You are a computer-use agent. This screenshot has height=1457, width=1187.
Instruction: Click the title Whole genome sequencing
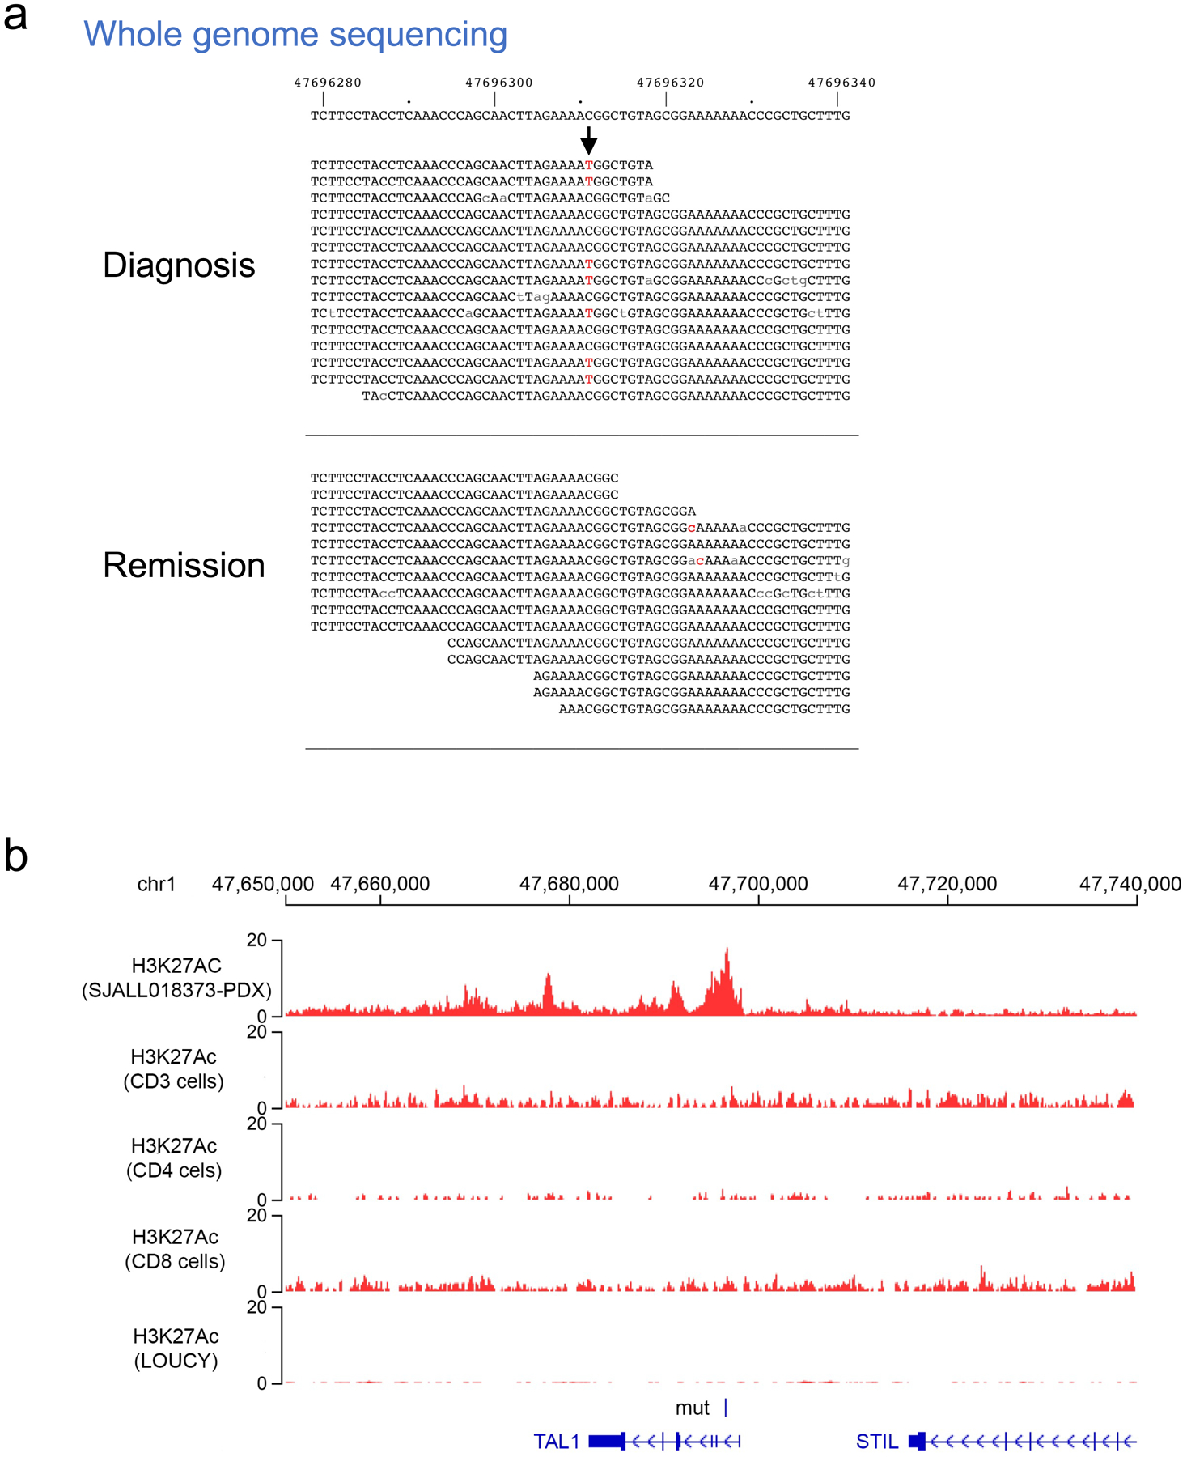pyautogui.click(x=295, y=35)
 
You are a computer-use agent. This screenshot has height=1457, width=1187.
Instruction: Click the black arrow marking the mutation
pyautogui.click(x=589, y=141)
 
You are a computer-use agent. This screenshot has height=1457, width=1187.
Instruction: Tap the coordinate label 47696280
pyautogui.click(x=327, y=83)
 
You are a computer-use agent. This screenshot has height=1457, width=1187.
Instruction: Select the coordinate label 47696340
pyautogui.click(x=841, y=83)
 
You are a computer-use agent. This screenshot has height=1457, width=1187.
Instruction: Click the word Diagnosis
pyautogui.click(x=179, y=265)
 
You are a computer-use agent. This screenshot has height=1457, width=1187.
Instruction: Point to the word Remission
pyautogui.click(x=184, y=565)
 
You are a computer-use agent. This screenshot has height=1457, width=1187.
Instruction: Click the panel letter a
pyautogui.click(x=15, y=16)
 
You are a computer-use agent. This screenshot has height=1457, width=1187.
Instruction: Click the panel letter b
pyautogui.click(x=15, y=856)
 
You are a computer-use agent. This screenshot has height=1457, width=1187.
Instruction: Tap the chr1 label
pyautogui.click(x=156, y=884)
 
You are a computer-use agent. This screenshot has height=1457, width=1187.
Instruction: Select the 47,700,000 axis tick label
pyautogui.click(x=758, y=884)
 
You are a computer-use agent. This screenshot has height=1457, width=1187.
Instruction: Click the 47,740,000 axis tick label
pyautogui.click(x=1130, y=884)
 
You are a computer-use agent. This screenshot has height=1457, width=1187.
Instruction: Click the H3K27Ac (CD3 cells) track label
pyautogui.click(x=173, y=1068)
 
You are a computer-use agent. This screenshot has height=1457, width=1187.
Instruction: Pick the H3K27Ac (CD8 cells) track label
pyautogui.click(x=175, y=1249)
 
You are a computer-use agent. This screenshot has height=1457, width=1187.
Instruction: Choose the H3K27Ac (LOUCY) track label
pyautogui.click(x=176, y=1348)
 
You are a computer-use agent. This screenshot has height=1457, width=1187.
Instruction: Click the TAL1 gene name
pyautogui.click(x=557, y=1442)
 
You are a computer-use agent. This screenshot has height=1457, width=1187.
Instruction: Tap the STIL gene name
pyautogui.click(x=877, y=1442)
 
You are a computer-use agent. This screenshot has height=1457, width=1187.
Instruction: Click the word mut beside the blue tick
pyautogui.click(x=693, y=1408)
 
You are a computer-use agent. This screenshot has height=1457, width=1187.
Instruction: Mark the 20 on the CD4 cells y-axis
pyautogui.click(x=256, y=1124)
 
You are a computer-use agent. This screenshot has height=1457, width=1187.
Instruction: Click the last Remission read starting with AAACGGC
pyautogui.click(x=704, y=709)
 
